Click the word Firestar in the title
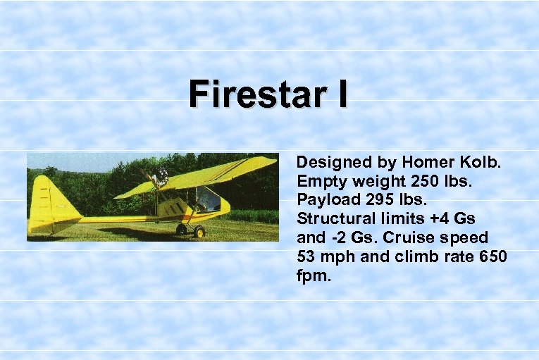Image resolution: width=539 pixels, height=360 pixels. coord(258,95)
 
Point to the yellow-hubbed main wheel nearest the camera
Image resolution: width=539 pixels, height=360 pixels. coord(199,231)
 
